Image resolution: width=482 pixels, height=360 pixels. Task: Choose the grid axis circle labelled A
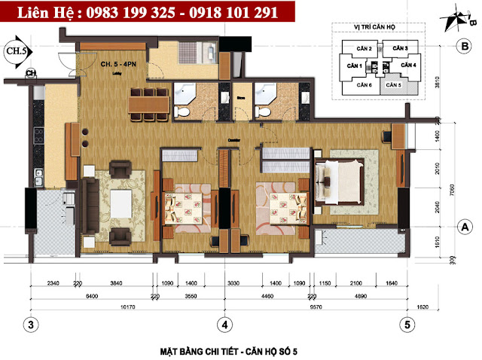[465, 226]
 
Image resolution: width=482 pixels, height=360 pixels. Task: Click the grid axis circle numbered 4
[224, 325]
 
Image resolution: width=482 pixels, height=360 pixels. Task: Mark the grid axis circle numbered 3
[31, 325]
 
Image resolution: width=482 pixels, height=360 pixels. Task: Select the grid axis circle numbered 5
[407, 325]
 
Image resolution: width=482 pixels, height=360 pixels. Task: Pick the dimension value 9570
[314, 307]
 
